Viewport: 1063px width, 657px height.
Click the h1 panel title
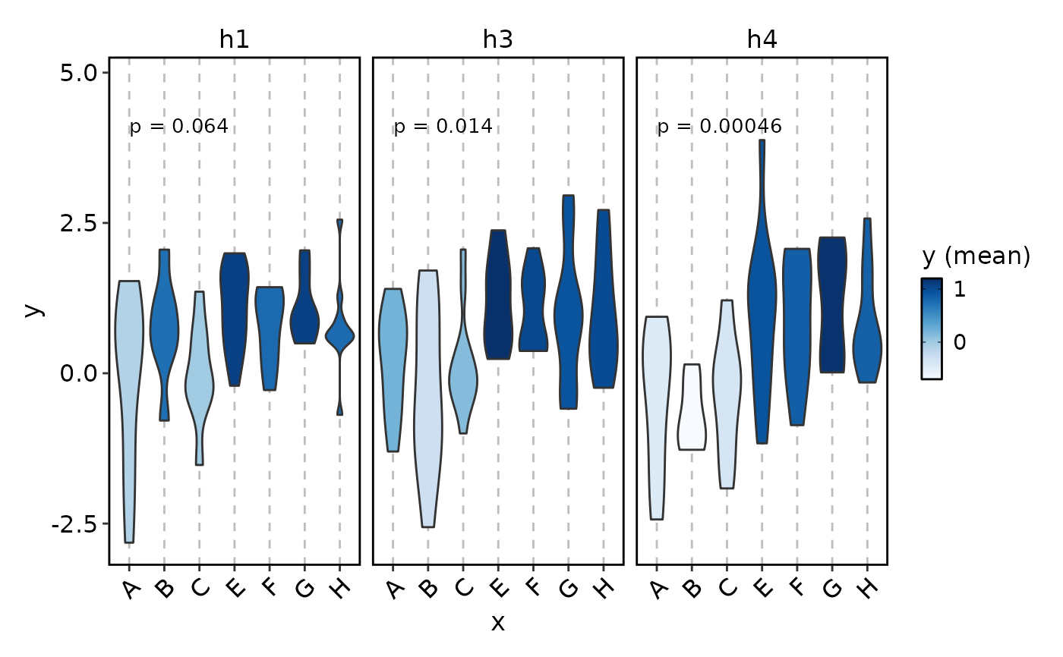tap(234, 40)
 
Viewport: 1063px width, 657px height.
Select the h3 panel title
tap(497, 40)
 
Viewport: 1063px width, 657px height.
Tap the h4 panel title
tap(762, 40)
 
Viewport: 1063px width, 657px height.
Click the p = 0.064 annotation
tap(178, 127)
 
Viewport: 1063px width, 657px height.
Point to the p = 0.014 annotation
tap(443, 127)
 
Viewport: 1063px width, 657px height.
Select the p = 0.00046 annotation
tap(719, 127)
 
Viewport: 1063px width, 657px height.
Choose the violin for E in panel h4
tap(762, 288)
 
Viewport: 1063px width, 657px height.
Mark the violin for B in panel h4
tap(692, 410)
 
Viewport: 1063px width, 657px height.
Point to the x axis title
tap(497, 623)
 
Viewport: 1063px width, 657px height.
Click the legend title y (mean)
tap(976, 257)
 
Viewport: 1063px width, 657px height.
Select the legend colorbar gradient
tap(932, 328)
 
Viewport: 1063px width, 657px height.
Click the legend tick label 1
tap(960, 289)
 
